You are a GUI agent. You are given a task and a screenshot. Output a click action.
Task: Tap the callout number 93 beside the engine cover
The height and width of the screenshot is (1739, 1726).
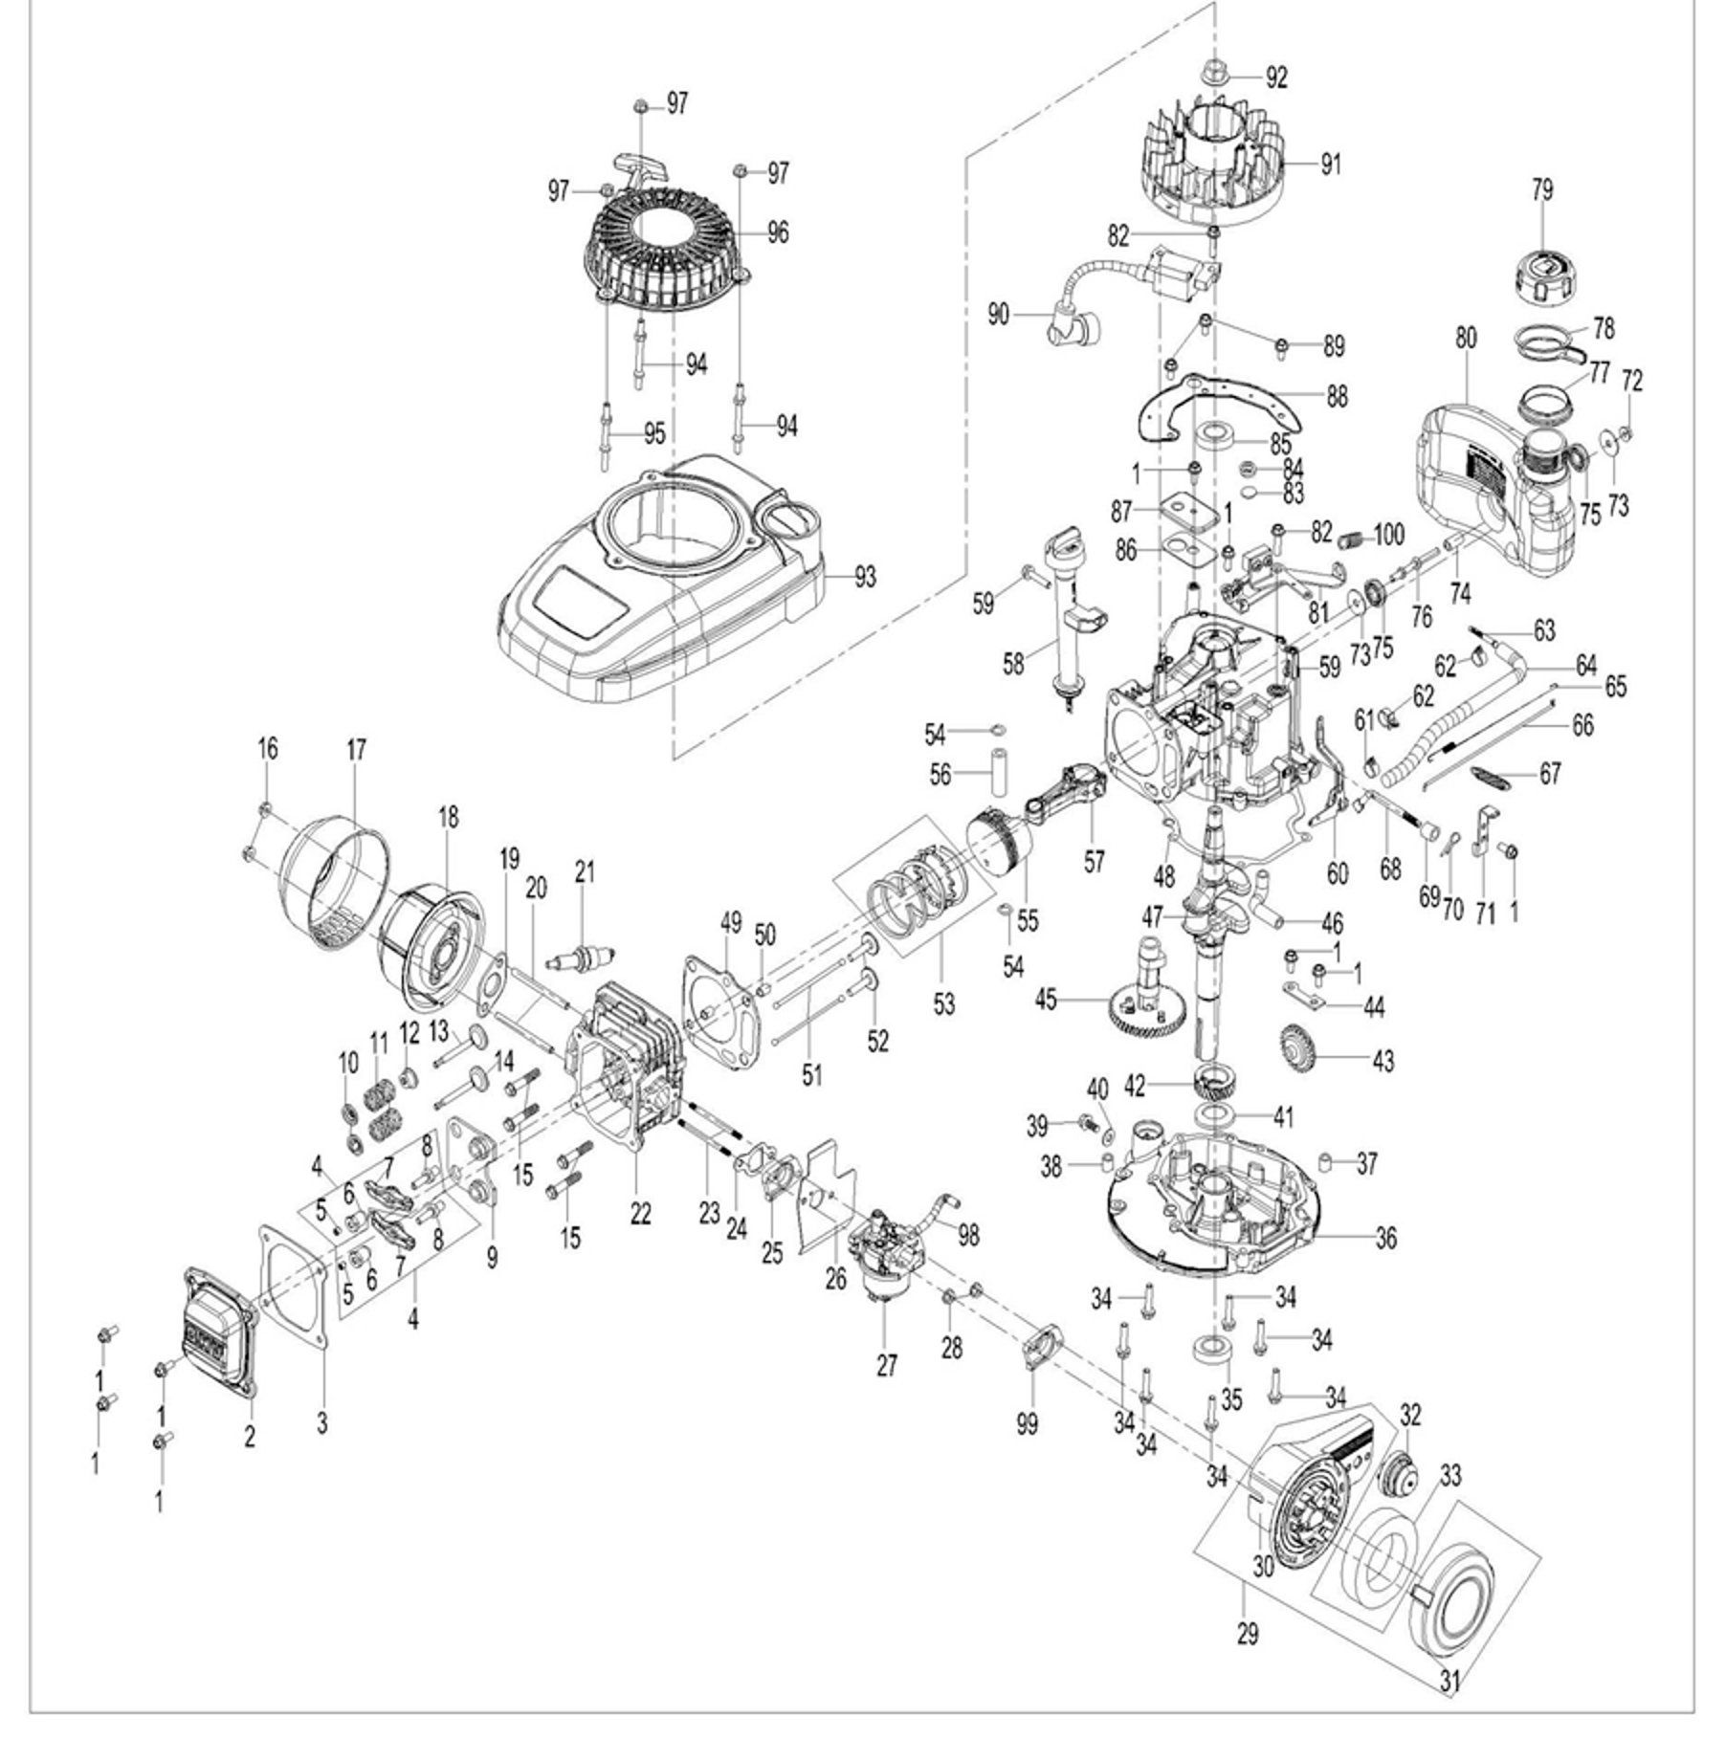click(865, 578)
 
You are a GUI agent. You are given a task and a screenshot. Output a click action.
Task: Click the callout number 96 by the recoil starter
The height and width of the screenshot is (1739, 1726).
click(779, 231)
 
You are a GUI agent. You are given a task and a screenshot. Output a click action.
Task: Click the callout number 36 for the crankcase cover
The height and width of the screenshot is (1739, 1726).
click(1384, 1238)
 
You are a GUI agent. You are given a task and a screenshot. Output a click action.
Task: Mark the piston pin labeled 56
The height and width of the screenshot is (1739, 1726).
click(1000, 771)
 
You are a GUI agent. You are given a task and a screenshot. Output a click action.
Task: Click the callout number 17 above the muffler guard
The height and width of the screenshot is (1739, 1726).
click(357, 749)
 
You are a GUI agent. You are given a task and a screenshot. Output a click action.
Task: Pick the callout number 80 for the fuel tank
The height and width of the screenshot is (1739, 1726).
click(1466, 338)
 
